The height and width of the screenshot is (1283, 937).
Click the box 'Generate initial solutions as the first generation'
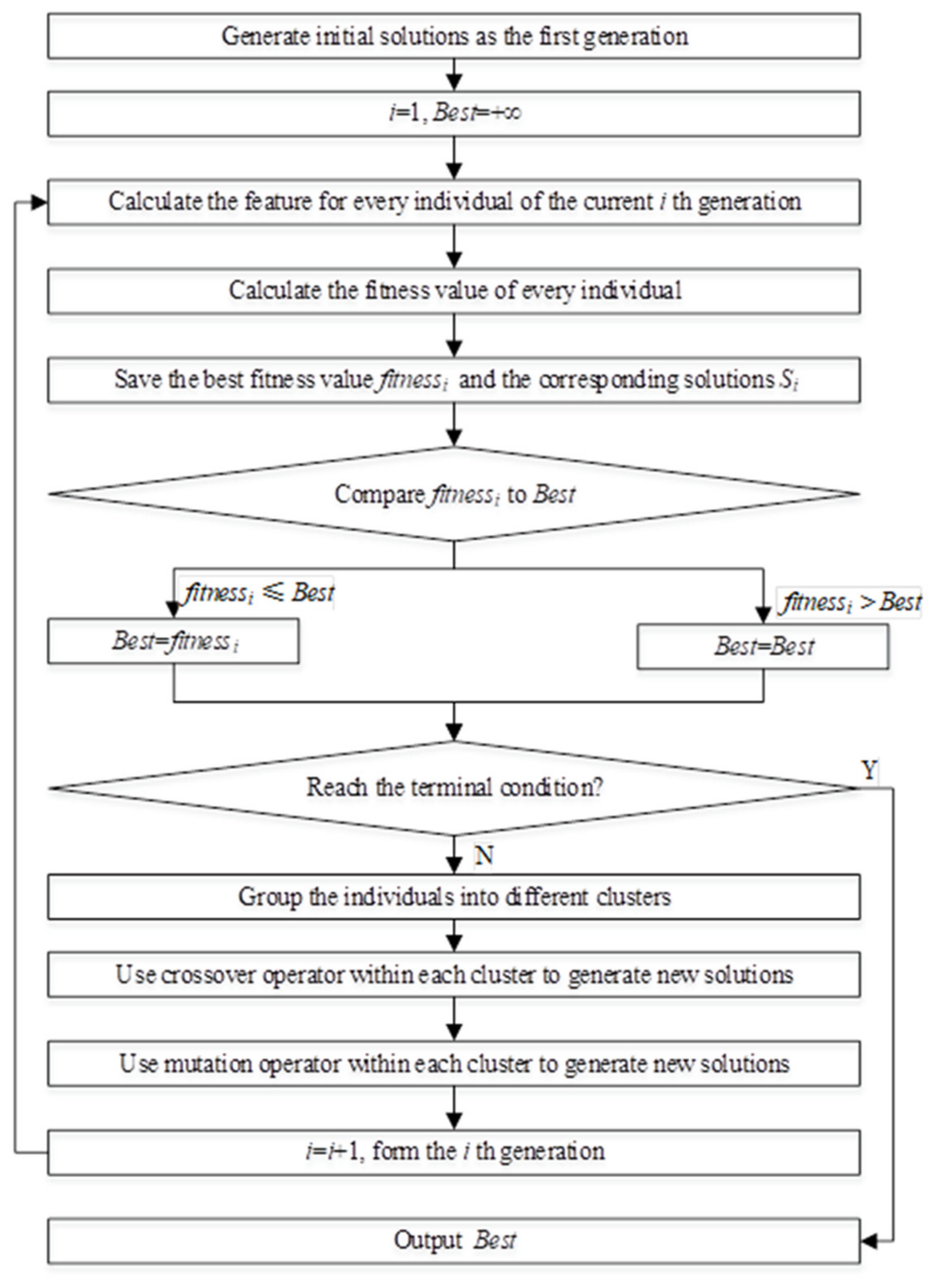click(454, 36)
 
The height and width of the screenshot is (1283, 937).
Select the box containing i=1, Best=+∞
click(454, 114)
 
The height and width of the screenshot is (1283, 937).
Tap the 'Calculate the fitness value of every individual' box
click(454, 291)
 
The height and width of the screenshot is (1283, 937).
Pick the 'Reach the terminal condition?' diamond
click(454, 788)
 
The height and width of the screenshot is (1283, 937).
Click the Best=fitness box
click(174, 641)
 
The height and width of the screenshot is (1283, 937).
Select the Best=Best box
click(763, 647)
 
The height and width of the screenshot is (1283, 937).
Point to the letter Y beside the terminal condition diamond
click(869, 770)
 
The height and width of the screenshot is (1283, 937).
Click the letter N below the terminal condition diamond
click(483, 855)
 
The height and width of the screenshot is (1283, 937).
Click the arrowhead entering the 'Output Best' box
click(869, 1241)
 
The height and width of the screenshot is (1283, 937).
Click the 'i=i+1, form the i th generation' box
click(454, 1152)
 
